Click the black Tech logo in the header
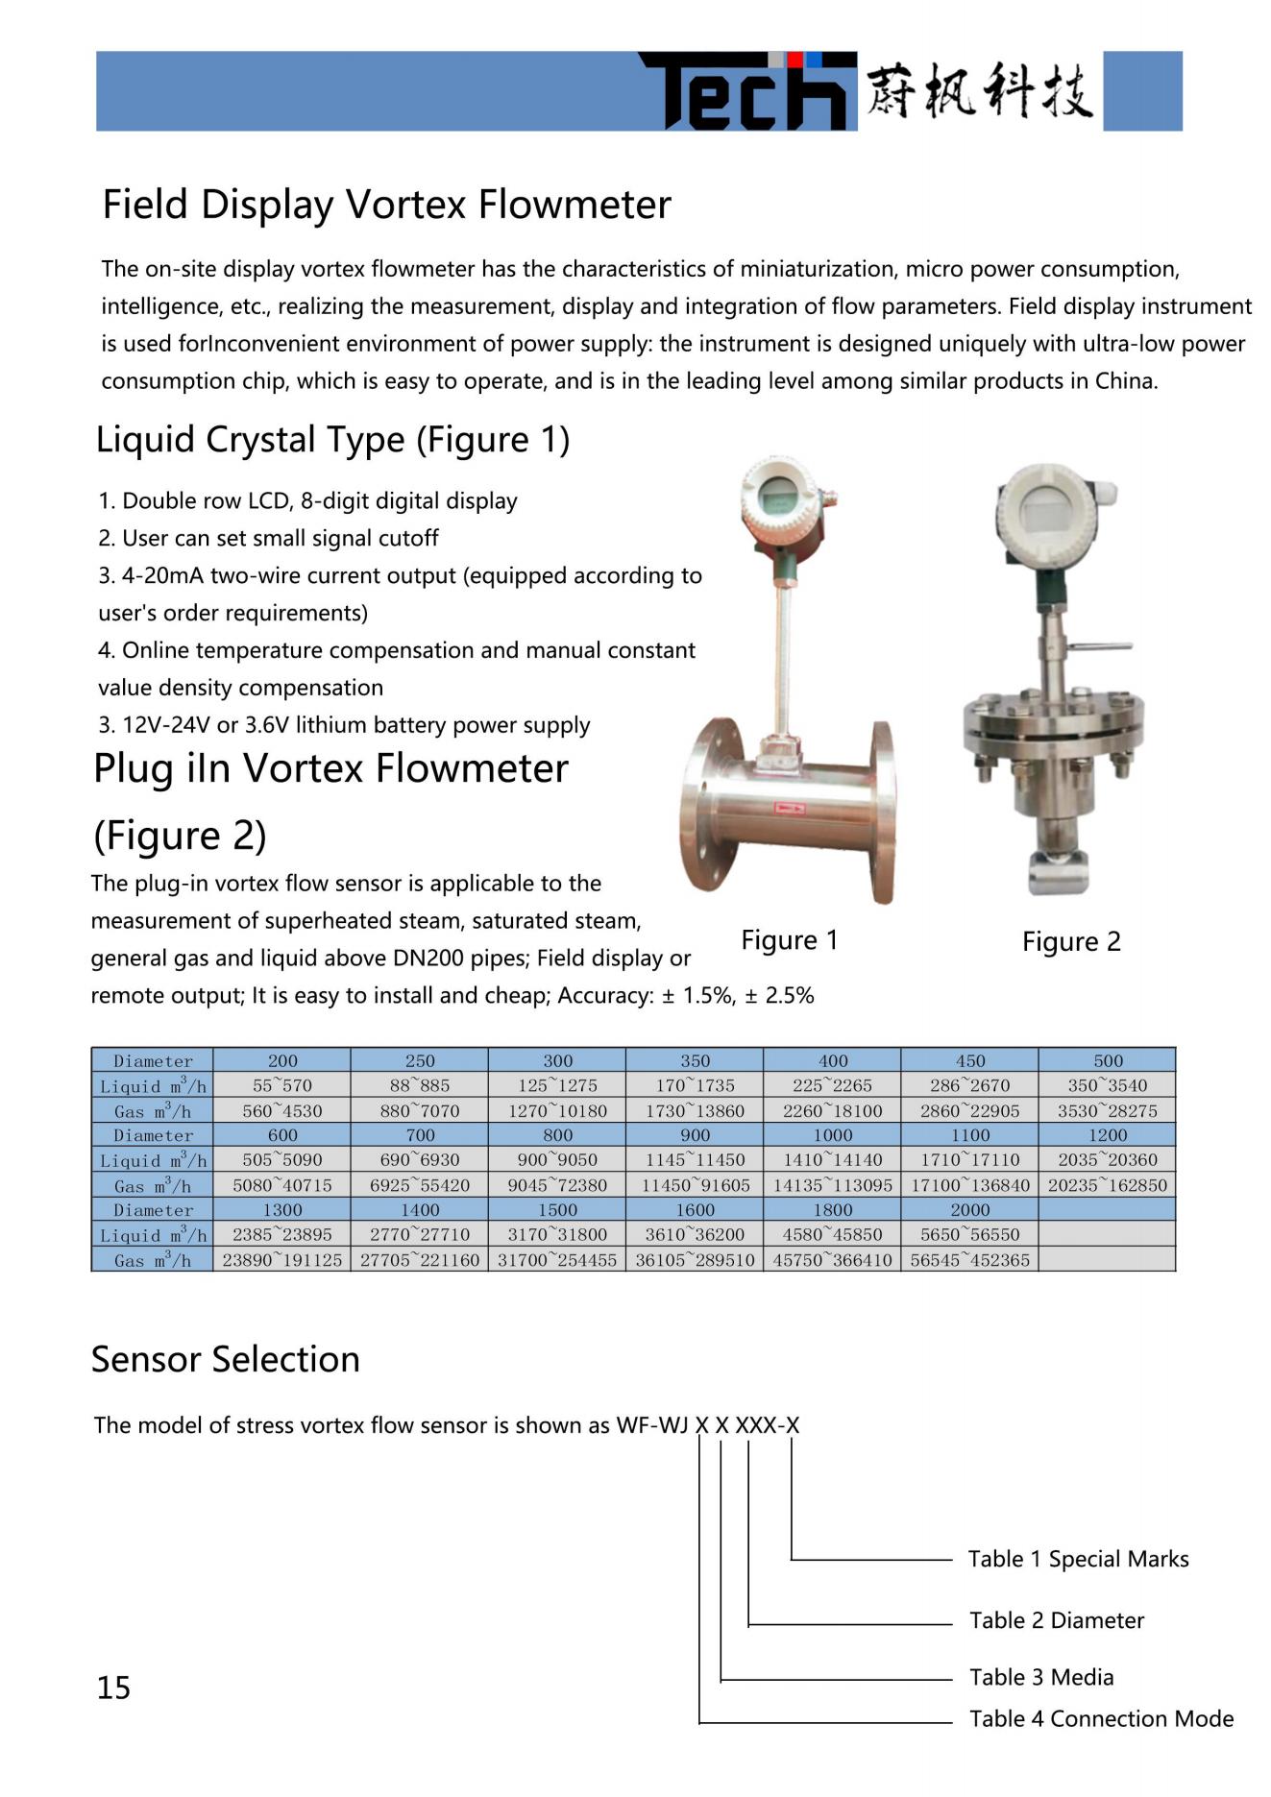pos(747,92)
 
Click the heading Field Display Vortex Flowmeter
pos(386,205)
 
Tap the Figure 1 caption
pos(789,939)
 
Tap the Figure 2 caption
pos(1071,941)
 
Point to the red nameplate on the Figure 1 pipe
pos(790,809)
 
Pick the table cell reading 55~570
pos(282,1085)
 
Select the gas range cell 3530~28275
pos(1107,1110)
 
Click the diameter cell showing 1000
pos(832,1135)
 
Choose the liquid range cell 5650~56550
pos(969,1234)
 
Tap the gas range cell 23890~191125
pos(282,1259)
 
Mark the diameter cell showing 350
pos(695,1060)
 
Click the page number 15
pos(113,1688)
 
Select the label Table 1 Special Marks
pos(1078,1559)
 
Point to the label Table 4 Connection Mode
pos(1101,1718)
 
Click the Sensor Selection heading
pos(226,1359)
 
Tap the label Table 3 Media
pos(1041,1677)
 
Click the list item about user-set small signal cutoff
pos(269,538)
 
